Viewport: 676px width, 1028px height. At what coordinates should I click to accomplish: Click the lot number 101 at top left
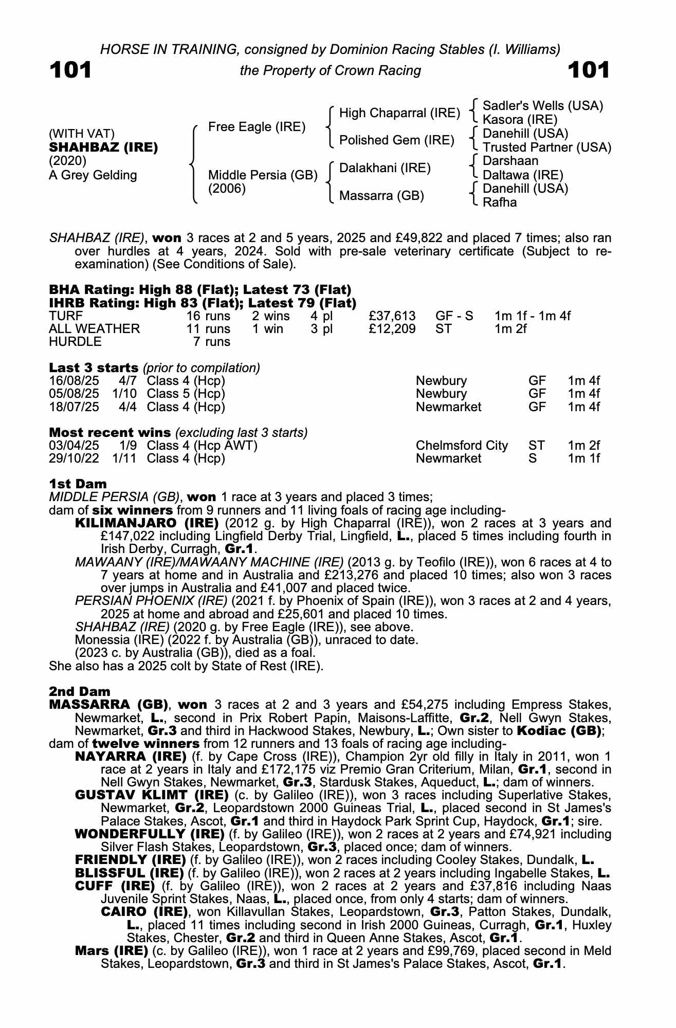tap(70, 70)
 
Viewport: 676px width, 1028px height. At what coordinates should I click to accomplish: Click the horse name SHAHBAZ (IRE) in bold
tap(103, 148)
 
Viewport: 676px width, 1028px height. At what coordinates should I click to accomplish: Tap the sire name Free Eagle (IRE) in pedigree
tap(257, 127)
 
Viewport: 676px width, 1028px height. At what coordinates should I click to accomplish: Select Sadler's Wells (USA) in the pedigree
tap(543, 106)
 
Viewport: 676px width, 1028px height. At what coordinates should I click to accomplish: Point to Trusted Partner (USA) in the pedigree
tap(547, 148)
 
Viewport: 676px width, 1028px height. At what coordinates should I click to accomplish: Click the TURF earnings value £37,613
tap(392, 316)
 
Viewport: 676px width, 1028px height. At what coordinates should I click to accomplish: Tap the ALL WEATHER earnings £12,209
tap(392, 328)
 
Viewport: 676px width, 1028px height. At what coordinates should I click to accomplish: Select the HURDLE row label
tap(75, 341)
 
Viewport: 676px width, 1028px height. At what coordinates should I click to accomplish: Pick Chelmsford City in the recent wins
tap(462, 445)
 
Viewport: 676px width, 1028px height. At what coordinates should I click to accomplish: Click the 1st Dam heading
tap(78, 484)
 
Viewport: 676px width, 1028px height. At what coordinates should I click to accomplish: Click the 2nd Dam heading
tap(80, 691)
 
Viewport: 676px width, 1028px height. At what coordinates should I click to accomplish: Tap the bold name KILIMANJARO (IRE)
tap(147, 523)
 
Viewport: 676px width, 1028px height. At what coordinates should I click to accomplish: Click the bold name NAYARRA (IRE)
tap(131, 757)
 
